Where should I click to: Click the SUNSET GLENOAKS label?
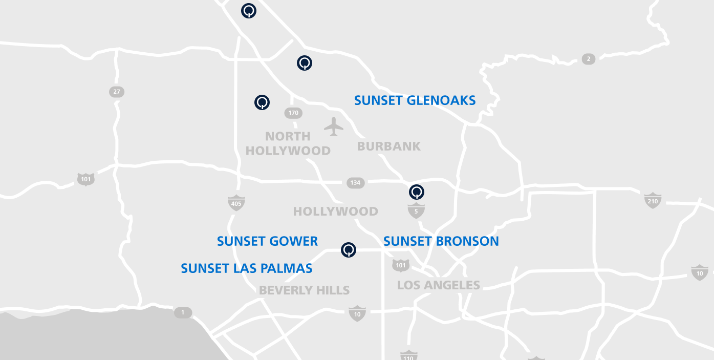415,100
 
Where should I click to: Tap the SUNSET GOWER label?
267,241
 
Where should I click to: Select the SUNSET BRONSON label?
441,241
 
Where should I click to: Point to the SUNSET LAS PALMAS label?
247,268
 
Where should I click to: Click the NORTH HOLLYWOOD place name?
288,143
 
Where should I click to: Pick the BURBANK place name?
389,146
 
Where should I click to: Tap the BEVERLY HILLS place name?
305,290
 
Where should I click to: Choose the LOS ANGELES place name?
439,285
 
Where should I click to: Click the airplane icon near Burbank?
334,126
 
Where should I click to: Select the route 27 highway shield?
117,92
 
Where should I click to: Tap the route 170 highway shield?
293,113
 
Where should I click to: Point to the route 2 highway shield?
589,59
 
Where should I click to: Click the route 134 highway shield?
355,183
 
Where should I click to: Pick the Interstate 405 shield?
236,203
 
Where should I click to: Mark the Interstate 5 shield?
416,210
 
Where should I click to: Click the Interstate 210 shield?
653,200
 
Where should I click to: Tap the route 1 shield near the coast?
183,312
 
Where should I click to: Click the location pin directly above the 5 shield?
417,192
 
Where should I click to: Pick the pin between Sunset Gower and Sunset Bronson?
349,250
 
